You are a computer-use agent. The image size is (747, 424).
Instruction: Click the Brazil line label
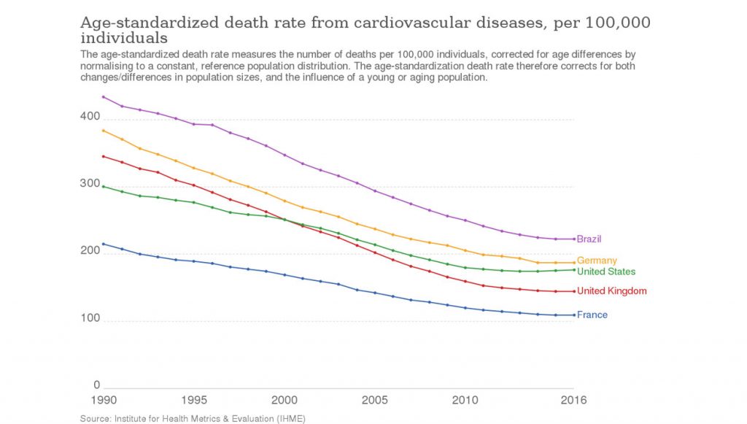point(589,239)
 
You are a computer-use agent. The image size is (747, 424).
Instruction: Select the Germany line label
point(597,261)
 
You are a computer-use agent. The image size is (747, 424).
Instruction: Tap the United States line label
point(605,271)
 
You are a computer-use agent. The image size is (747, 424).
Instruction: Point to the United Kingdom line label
point(611,291)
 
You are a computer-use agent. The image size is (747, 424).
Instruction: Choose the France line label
point(592,315)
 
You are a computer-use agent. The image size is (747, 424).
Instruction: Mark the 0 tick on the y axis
point(96,385)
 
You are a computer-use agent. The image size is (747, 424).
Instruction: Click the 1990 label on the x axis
point(104,400)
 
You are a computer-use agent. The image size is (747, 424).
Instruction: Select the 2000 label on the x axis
point(285,400)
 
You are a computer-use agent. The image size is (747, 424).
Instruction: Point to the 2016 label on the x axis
point(573,400)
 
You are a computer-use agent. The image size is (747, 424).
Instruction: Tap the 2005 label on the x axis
point(375,400)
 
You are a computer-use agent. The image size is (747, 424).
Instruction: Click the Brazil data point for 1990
point(104,97)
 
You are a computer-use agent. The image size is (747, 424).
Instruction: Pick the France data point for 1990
point(104,244)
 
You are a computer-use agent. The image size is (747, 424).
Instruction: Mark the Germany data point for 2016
point(574,262)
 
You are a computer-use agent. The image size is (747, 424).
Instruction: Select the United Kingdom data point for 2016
point(574,291)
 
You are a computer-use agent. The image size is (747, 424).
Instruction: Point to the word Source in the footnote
point(96,418)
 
